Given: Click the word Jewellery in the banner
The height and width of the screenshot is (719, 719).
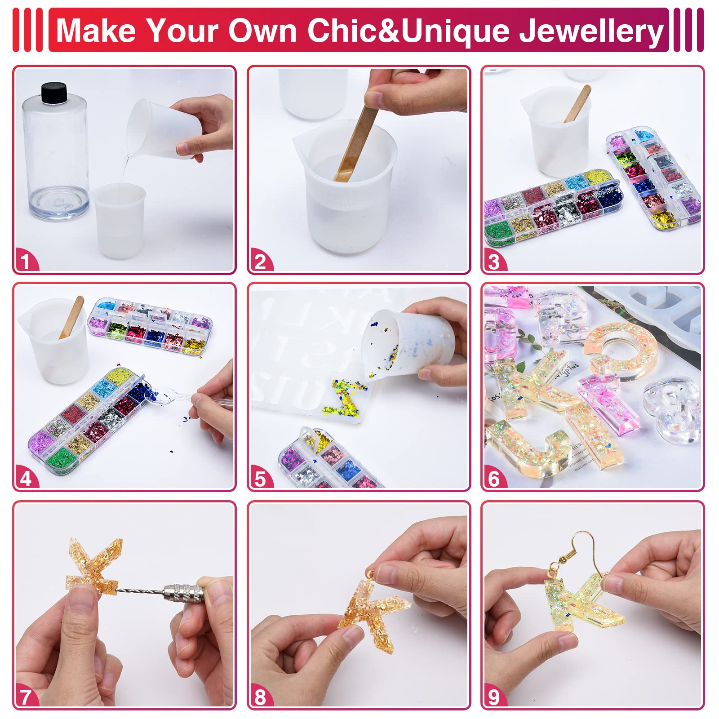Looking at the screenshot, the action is coord(591,31).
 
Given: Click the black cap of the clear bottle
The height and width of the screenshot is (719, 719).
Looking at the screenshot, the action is coord(54,92).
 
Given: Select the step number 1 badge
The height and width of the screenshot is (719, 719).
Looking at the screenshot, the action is coord(26,261).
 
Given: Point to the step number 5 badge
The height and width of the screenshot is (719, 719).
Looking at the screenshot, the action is coord(261,478).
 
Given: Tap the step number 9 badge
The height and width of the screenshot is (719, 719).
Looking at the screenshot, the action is coord(494,697).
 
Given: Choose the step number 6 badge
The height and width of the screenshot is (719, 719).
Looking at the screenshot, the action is coord(494,478).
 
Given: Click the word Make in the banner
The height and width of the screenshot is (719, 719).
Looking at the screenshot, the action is coord(96,31).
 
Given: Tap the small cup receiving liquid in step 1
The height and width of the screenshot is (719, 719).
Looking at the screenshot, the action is coord(120,220).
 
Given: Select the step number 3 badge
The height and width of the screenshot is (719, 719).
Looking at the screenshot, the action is coord(494,261).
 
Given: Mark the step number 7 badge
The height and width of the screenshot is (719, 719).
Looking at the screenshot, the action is coord(26,697).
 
